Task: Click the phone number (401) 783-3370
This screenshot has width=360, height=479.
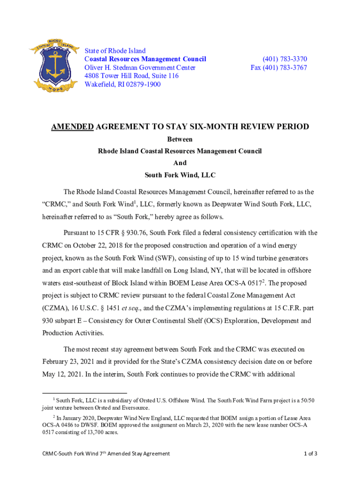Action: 285,59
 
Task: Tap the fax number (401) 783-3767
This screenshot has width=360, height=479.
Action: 279,67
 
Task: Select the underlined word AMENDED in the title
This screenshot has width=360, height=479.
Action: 72,127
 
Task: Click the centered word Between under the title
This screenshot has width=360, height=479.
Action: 180,139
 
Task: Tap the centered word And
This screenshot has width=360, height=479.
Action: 180,163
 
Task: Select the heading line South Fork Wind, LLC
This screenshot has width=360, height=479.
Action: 180,175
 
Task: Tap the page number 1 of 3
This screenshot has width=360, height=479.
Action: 310,453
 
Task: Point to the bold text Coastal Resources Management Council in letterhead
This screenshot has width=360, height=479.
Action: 145,59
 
